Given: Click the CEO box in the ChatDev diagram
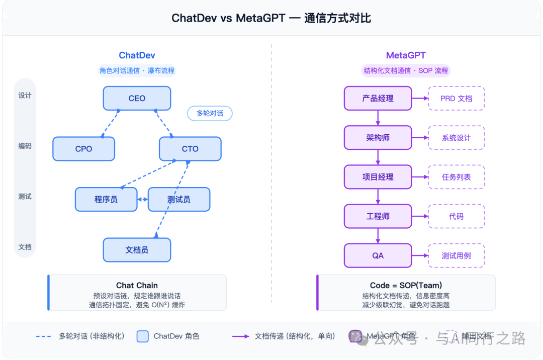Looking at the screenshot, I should (x=137, y=99).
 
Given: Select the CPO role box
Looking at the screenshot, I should (x=83, y=149).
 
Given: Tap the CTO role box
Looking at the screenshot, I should (x=190, y=149).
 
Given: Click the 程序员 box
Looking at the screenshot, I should (x=106, y=200).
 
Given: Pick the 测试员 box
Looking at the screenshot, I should (x=178, y=200).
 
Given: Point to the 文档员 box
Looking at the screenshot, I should (x=137, y=250).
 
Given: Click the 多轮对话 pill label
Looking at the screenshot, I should (x=210, y=114).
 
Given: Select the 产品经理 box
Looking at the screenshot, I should (x=378, y=99).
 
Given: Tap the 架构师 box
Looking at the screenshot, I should (x=378, y=138).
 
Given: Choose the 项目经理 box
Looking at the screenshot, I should (x=378, y=177).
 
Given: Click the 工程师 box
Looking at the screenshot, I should (x=378, y=216).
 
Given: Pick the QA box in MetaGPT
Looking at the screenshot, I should (x=378, y=255).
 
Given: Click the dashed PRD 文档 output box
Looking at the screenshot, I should (x=456, y=99).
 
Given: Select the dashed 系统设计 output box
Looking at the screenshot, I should (x=456, y=138).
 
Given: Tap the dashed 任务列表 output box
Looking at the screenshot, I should (x=456, y=177).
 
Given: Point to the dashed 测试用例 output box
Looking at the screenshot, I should (x=456, y=255).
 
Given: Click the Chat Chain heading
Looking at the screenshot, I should (x=137, y=285).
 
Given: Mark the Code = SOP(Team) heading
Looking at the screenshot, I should (x=406, y=285).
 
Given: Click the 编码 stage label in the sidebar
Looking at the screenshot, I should (x=25, y=146).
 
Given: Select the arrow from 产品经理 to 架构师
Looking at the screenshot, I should (x=378, y=118).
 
